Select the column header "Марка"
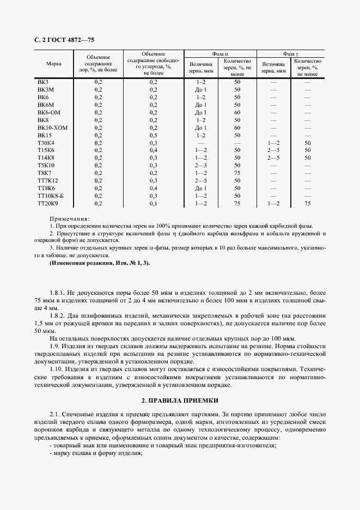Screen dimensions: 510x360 click(54, 64)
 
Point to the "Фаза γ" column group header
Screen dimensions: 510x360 click(290, 53)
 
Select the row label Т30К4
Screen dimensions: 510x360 click(46, 142)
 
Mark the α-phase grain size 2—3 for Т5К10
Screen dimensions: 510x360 click(201, 165)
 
